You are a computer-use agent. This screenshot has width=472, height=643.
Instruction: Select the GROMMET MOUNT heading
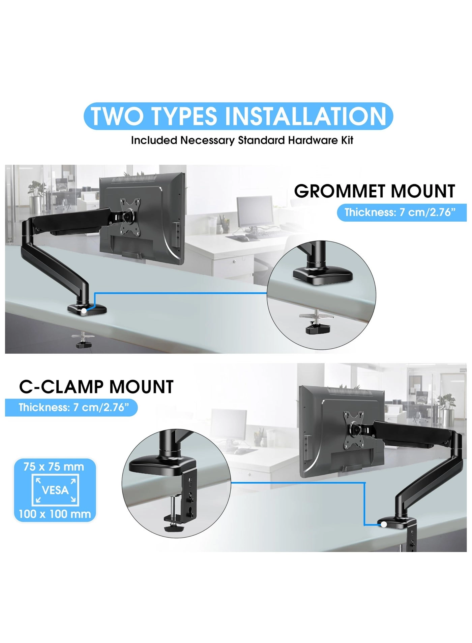click(x=374, y=191)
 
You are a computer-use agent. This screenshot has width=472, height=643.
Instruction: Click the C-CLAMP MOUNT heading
click(x=96, y=387)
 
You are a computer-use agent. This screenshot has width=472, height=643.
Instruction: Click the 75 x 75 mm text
click(x=54, y=467)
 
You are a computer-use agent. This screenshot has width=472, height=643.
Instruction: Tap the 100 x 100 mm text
click(x=55, y=514)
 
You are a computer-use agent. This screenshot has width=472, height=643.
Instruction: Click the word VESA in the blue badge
click(x=55, y=490)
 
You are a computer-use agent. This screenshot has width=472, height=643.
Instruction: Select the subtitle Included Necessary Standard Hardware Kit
click(x=242, y=140)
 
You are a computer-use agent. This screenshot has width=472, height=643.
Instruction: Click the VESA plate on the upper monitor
click(x=130, y=216)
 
